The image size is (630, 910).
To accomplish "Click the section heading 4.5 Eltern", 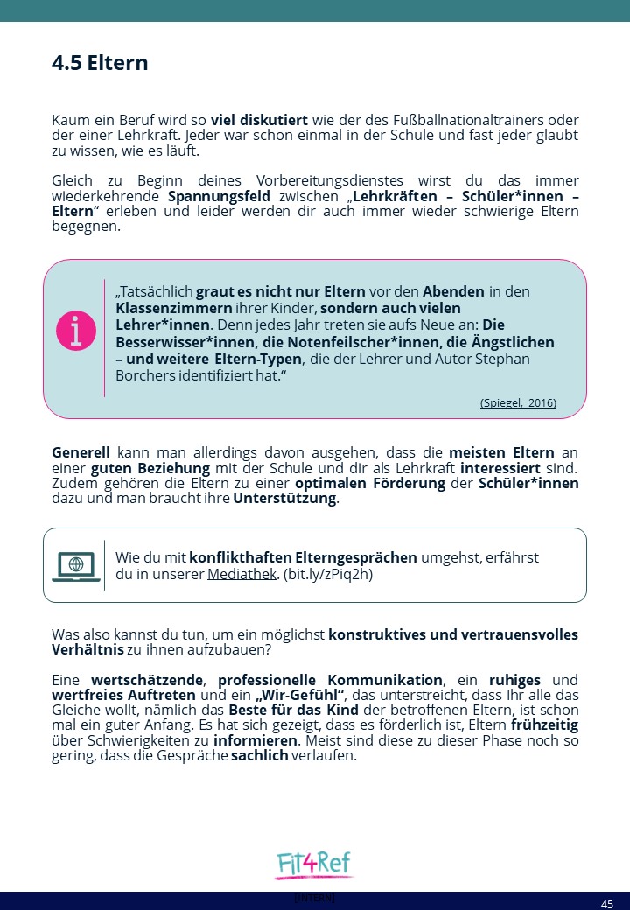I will [x=100, y=63].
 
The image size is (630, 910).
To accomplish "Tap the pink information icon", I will [x=76, y=331].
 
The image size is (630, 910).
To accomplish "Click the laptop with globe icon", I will [x=76, y=565].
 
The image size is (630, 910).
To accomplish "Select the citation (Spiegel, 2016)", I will [x=518, y=403].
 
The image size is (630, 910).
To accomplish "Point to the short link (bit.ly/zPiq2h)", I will [x=328, y=574].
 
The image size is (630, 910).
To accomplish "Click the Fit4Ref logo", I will [x=313, y=864].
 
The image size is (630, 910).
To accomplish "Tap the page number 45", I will [x=607, y=903].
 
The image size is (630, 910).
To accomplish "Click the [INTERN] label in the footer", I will [x=314, y=898].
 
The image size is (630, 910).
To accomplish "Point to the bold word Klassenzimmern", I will [x=174, y=308].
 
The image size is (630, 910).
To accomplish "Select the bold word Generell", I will [x=80, y=453].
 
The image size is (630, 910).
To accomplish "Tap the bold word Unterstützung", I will [x=284, y=499].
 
